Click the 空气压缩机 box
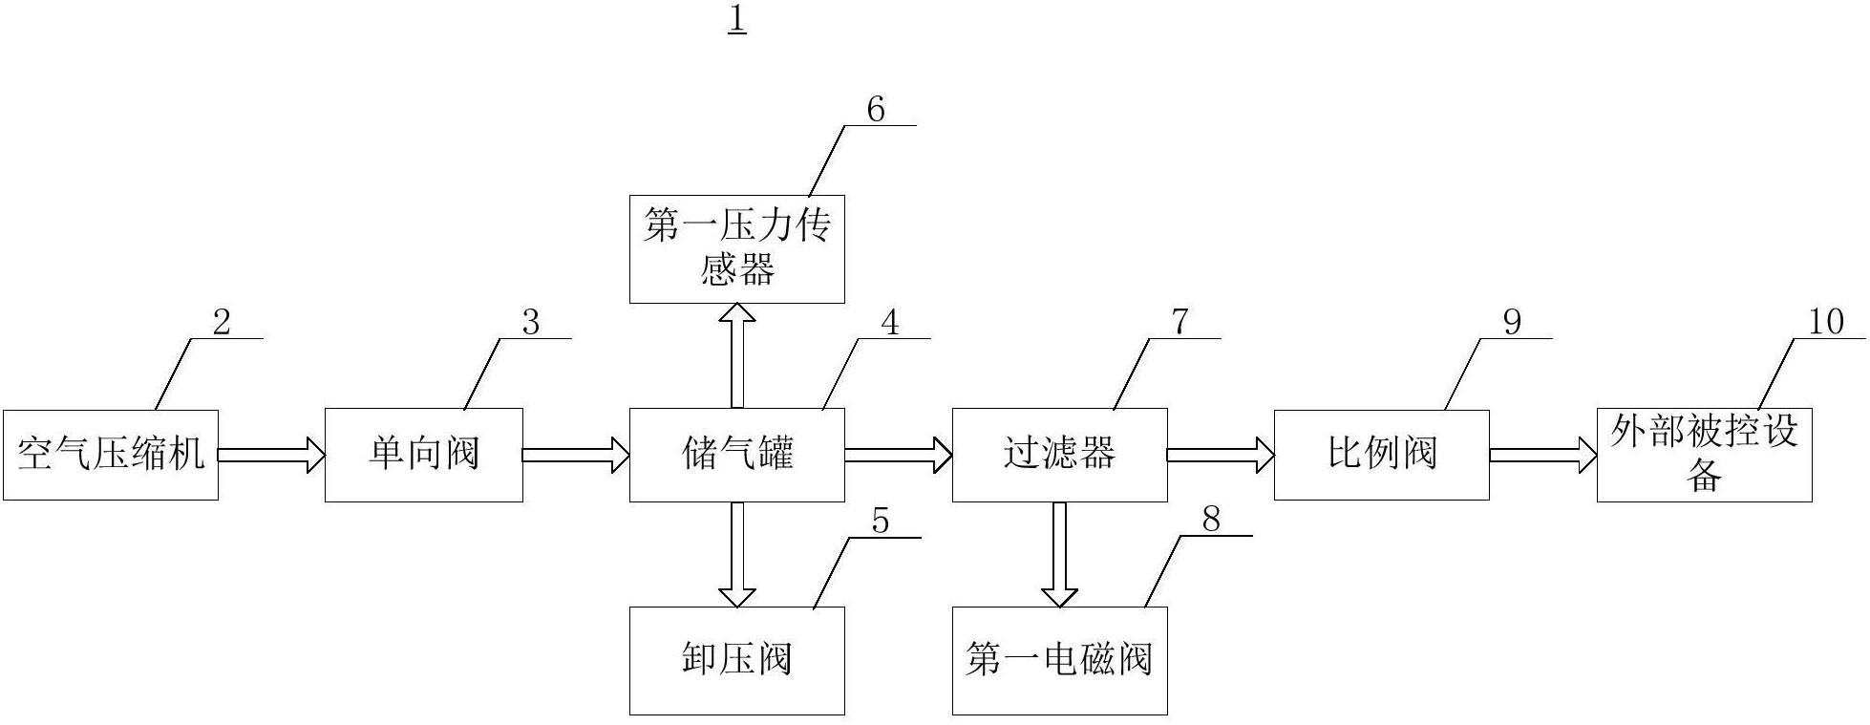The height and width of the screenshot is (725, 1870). tap(111, 455)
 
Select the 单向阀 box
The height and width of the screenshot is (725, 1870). tap(423, 455)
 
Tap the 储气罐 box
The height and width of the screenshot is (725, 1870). tap(736, 455)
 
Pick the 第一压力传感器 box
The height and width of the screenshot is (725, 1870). tap(736, 249)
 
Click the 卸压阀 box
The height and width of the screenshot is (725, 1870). tap(736, 660)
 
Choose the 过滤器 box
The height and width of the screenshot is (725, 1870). tap(1059, 455)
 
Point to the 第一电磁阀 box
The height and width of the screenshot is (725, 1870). tap(1059, 660)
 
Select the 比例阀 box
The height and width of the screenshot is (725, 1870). tap(1381, 455)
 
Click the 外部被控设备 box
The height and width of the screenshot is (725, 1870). tap(1704, 455)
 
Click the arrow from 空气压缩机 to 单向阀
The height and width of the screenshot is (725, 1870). tap(271, 455)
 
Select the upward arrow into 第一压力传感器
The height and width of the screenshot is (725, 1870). tap(736, 355)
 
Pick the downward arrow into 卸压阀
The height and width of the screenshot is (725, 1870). tap(736, 554)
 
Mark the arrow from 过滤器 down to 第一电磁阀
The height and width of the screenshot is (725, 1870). tap(1059, 554)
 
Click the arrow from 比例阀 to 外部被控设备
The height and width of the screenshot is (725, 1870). tap(1542, 455)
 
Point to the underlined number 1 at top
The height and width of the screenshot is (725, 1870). tap(736, 20)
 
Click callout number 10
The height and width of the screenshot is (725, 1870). tap(1826, 322)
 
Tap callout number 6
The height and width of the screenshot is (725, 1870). tap(876, 111)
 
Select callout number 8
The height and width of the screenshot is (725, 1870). tap(1211, 521)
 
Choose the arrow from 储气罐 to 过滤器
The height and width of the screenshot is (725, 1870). tap(898, 455)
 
